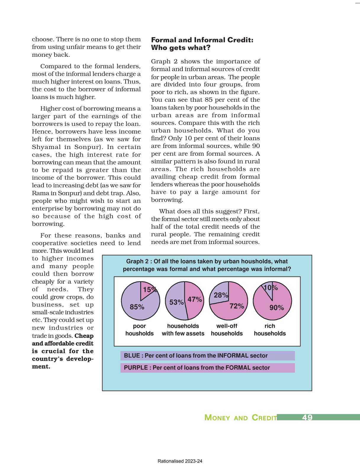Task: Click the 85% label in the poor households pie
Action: [137, 307]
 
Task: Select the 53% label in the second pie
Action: [176, 302]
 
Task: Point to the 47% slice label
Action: [195, 299]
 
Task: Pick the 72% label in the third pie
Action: [237, 306]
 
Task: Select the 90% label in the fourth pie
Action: [277, 308]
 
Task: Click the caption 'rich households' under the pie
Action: [270, 330]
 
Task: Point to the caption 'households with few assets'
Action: [183, 330]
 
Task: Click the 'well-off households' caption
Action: [227, 330]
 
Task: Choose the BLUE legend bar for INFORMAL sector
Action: [207, 356]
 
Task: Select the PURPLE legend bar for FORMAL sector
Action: [207, 368]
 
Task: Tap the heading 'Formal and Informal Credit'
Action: [202, 40]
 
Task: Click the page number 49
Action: [307, 417]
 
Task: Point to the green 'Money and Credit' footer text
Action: [240, 418]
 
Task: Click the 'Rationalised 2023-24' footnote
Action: [180, 461]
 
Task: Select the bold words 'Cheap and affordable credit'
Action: [63, 343]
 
